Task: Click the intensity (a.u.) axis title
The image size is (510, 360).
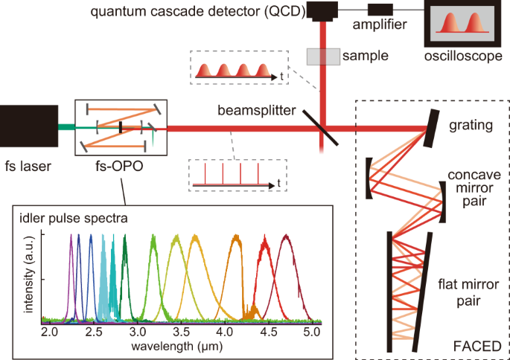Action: pyautogui.click(x=31, y=280)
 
